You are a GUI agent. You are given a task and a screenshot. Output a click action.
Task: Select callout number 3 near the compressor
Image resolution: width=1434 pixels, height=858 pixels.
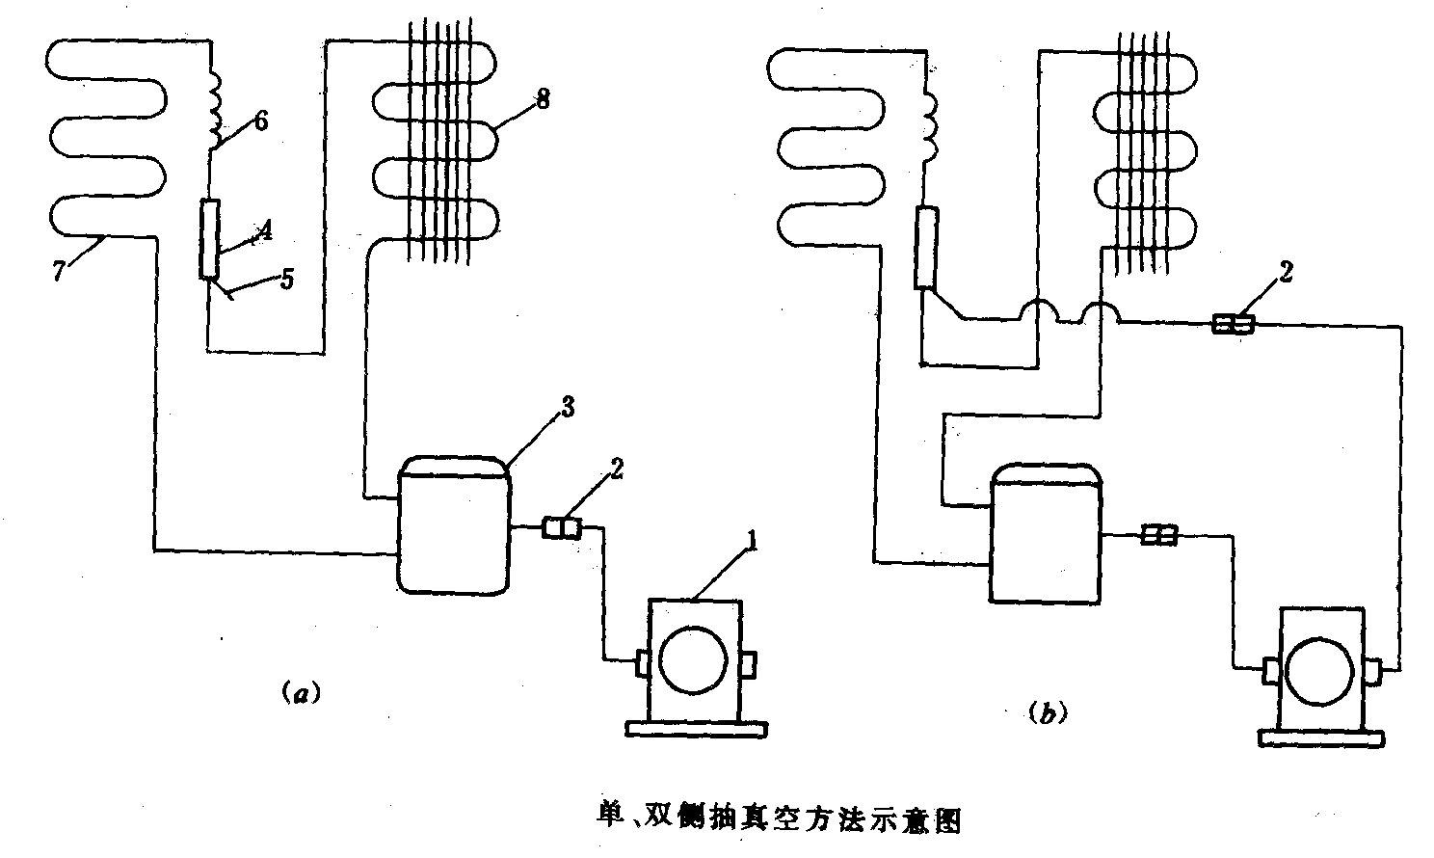(569, 408)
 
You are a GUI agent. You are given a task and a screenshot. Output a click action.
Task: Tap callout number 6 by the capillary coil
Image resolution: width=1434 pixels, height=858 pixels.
(261, 121)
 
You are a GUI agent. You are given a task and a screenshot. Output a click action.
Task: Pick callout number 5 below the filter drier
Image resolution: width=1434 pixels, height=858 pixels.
(286, 281)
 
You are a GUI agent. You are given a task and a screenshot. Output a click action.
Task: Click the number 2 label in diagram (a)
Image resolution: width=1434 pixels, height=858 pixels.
(617, 469)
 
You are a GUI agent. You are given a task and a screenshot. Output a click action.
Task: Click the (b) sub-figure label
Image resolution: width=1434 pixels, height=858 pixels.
(1048, 713)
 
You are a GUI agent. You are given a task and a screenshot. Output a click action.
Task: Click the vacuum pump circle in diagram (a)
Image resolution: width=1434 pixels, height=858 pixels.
(696, 662)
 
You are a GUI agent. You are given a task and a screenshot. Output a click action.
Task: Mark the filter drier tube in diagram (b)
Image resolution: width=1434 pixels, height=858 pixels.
(926, 248)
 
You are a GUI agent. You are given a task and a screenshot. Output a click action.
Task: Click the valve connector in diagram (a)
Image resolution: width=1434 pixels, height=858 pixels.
(562, 527)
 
